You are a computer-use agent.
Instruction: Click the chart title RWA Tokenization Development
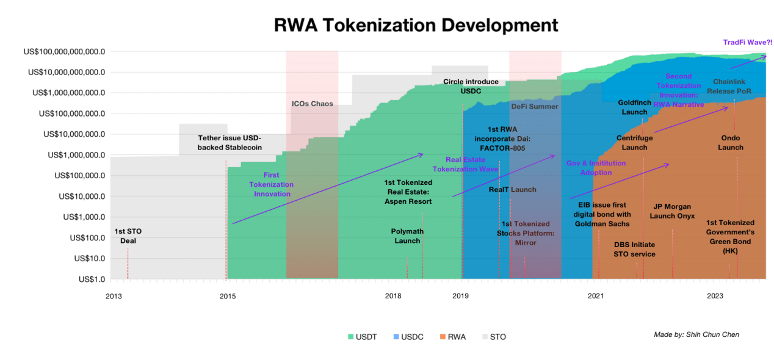click(x=416, y=25)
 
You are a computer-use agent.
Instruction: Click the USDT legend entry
click(x=362, y=337)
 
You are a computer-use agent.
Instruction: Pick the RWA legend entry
click(x=452, y=337)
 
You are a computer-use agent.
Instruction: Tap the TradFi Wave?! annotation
click(x=747, y=43)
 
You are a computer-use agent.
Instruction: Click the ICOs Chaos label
click(x=312, y=104)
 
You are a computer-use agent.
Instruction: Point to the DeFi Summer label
click(x=535, y=106)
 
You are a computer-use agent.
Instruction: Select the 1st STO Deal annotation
click(x=128, y=236)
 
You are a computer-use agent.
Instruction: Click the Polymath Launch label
click(x=407, y=236)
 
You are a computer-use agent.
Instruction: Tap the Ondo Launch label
click(x=731, y=143)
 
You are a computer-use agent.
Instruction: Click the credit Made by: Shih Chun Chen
click(x=696, y=334)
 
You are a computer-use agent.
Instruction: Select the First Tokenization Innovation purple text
click(x=272, y=184)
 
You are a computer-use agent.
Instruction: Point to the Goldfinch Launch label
click(x=634, y=107)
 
